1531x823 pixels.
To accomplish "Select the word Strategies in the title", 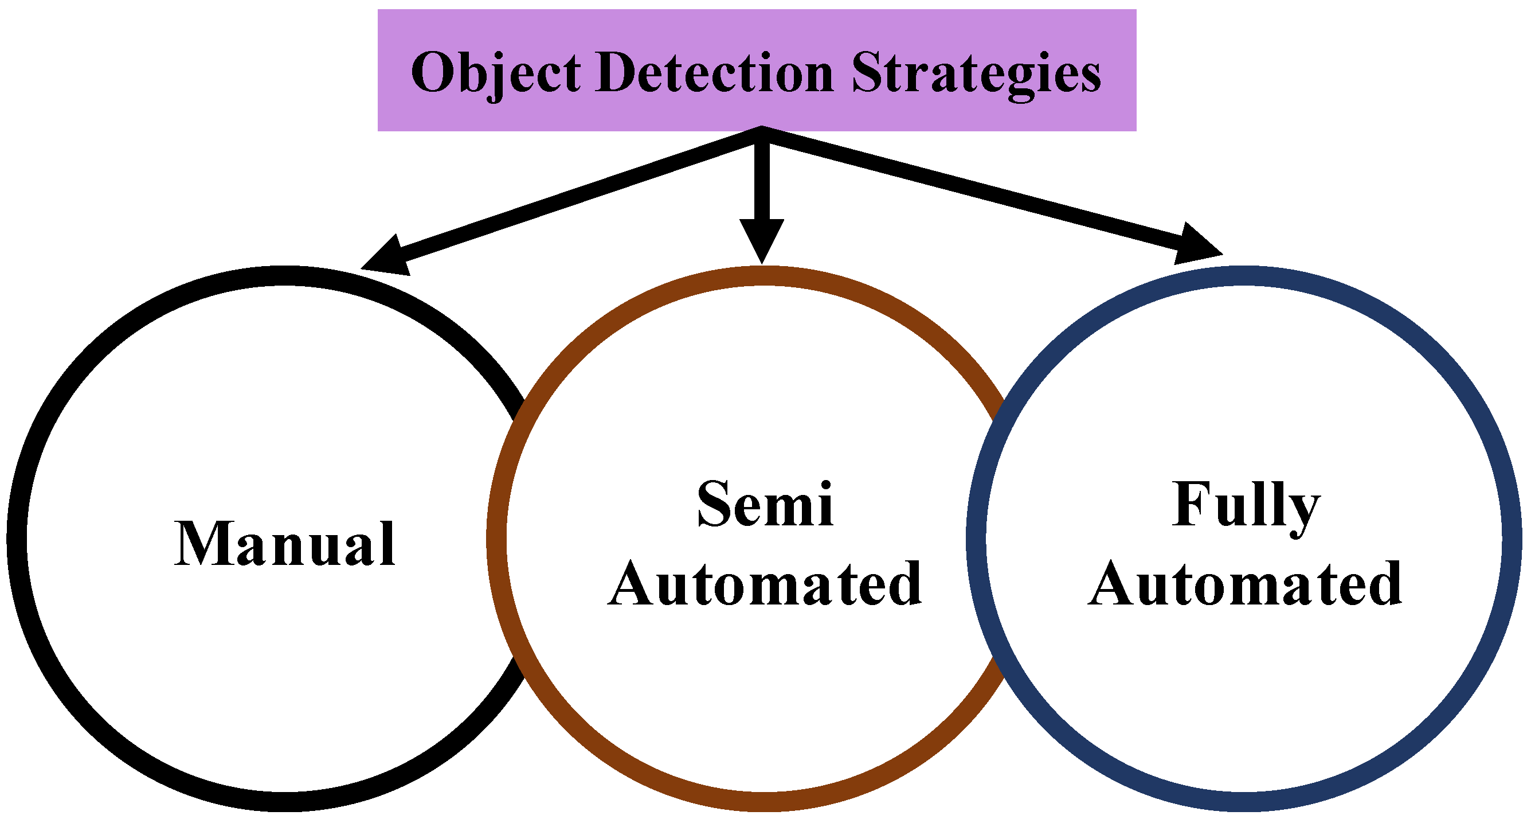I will tap(976, 73).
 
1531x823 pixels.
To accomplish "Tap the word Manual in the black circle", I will tap(285, 544).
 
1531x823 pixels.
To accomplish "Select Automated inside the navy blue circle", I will tap(1246, 584).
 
